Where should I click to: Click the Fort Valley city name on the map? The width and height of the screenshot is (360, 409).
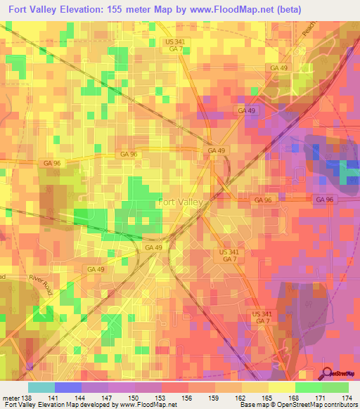click(181, 202)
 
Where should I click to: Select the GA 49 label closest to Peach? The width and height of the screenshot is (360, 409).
click(278, 67)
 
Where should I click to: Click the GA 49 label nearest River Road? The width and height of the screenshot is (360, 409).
click(96, 269)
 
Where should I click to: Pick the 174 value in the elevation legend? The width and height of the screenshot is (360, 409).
click(347, 398)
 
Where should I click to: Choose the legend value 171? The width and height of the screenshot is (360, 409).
click(321, 398)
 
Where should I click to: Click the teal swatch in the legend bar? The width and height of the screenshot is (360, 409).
click(41, 387)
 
